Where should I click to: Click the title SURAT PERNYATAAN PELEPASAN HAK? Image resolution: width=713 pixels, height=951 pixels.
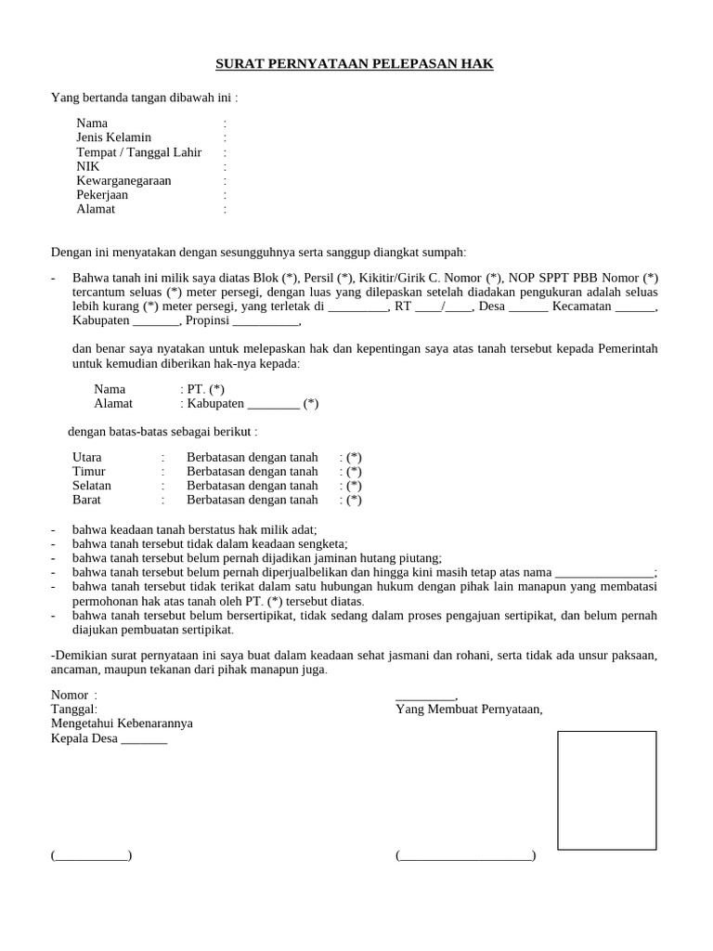355,64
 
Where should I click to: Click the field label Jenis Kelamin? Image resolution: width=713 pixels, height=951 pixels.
113,137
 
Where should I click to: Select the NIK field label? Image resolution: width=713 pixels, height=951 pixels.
88,166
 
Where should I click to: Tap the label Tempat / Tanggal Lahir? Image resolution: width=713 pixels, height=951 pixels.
138,152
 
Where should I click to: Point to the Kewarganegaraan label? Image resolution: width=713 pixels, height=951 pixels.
123,181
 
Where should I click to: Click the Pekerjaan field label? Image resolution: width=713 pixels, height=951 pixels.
102,195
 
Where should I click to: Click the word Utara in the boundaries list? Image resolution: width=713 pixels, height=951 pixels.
87,458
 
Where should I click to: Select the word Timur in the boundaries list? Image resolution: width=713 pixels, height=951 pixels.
88,472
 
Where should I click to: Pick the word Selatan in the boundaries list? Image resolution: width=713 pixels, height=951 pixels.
92,486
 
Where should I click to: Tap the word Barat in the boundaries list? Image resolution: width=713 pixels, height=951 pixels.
87,500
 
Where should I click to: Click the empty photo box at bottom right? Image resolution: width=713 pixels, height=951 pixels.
606,789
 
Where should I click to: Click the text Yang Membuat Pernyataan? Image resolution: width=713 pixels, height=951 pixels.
469,710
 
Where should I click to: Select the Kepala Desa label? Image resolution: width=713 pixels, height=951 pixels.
109,739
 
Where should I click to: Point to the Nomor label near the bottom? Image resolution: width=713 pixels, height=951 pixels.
71,696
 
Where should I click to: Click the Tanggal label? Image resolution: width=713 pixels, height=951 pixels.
74,710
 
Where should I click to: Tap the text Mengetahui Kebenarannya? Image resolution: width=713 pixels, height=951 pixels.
122,724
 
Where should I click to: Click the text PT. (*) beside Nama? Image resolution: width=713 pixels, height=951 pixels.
202,389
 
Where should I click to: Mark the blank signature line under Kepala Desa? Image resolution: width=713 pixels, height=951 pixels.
91,855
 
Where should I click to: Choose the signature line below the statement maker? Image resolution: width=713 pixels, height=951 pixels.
465,855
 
